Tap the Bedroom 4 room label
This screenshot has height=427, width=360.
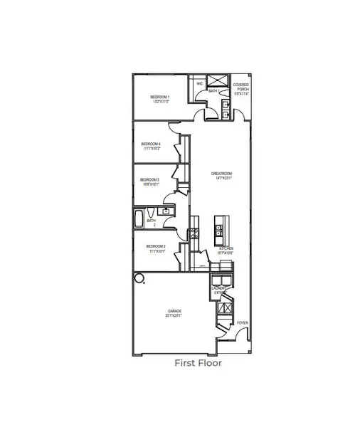150,146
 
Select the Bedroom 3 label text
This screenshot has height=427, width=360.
149,181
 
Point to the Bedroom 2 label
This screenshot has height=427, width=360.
157,248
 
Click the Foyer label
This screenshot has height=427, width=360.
243,322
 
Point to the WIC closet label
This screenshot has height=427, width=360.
200,84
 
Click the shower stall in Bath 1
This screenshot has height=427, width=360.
221,85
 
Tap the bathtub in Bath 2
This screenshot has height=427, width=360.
139,219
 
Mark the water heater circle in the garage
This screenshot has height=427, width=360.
140,278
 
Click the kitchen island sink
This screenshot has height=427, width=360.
218,233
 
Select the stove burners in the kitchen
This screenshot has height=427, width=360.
192,233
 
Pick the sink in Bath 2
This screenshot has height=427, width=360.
166,211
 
